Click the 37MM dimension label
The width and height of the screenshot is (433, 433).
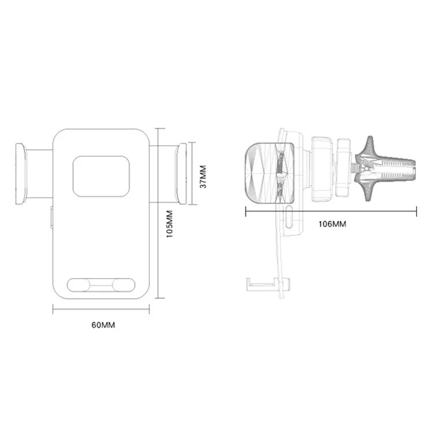pos(201,178)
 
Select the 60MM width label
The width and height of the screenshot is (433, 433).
pos(103,325)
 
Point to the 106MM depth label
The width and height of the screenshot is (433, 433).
pos(332,223)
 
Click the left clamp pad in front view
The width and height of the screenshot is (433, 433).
pos(20,173)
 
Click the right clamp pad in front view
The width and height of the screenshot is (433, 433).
pos(182,173)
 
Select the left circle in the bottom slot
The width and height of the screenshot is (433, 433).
pos(79,285)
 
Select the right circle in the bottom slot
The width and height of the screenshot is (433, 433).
pos(123,285)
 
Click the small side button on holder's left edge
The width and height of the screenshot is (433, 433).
pos(51,217)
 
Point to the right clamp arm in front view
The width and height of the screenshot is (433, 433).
pos(163,173)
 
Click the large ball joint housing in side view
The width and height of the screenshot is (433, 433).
pos(320,169)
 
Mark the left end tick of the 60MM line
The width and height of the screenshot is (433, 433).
pos(53,310)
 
